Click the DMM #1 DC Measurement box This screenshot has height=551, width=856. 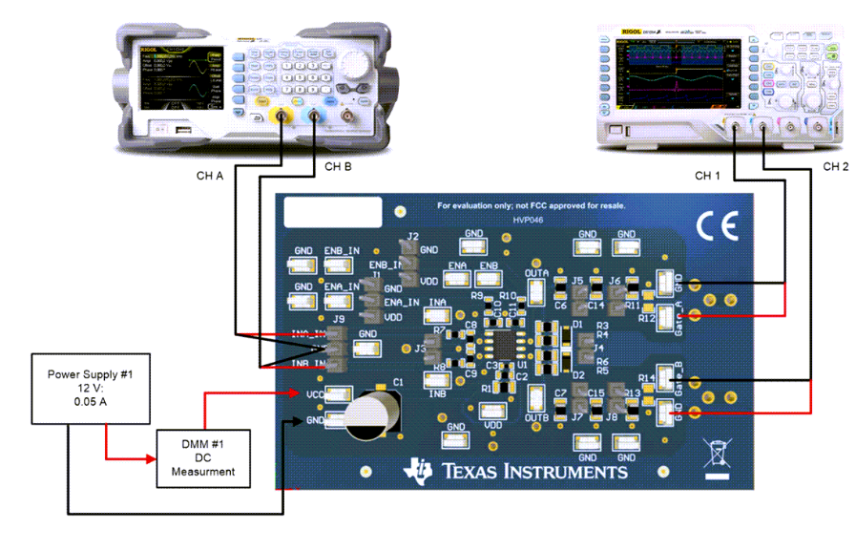click(x=203, y=456)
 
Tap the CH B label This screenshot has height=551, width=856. click(x=339, y=168)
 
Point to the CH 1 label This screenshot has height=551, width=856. click(x=709, y=176)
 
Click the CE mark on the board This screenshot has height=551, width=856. click(x=717, y=225)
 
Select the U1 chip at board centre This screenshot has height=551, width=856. click(x=502, y=343)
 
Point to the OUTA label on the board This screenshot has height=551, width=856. click(x=536, y=273)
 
